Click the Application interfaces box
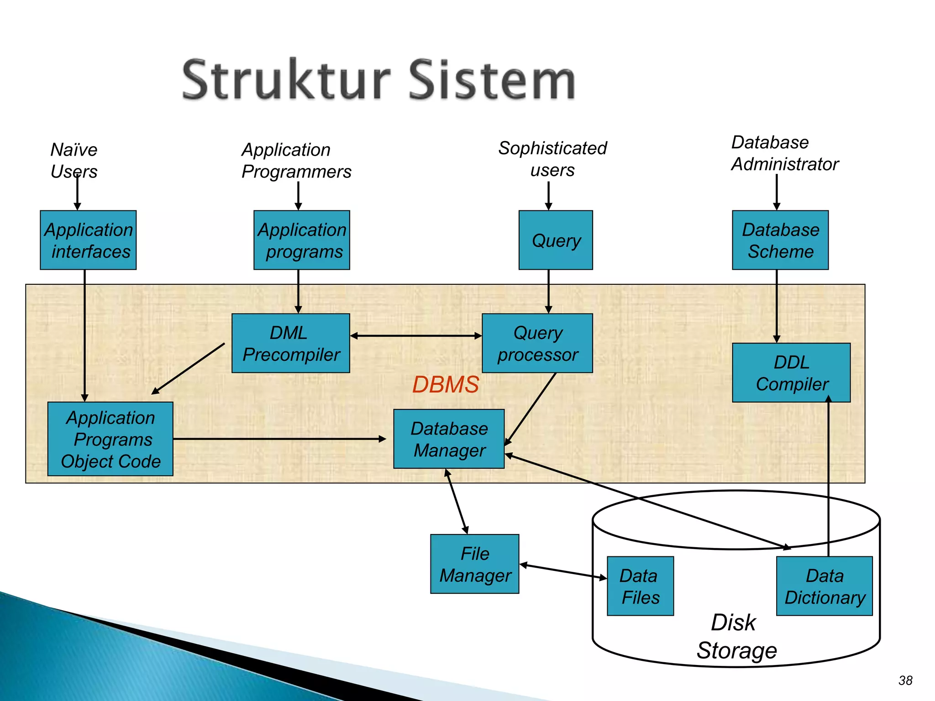click(88, 240)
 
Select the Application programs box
click(301, 240)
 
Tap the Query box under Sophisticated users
click(556, 240)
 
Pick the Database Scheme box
click(780, 240)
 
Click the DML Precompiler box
click(291, 343)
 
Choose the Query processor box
click(537, 343)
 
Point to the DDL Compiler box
click(791, 372)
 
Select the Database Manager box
click(449, 439)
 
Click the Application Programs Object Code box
click(110, 439)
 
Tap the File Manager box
click(475, 564)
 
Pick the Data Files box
click(640, 586)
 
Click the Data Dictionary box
click(824, 586)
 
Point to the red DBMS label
click(445, 384)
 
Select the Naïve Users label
click(74, 160)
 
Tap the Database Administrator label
click(784, 153)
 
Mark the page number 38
click(905, 680)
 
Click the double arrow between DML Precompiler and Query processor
click(416, 336)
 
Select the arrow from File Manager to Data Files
click(563, 571)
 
